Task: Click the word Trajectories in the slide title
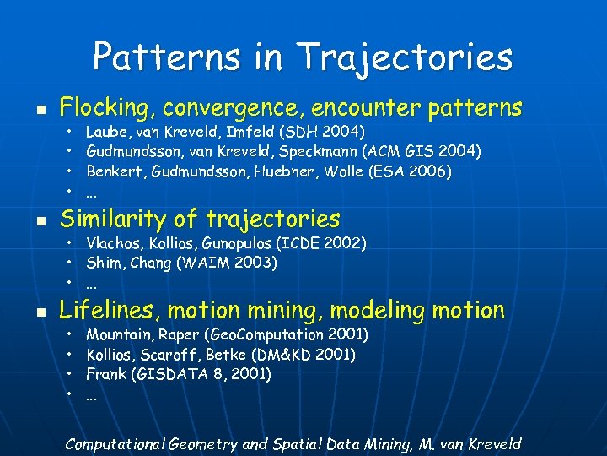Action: [x=406, y=57]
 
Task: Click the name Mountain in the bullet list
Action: [x=116, y=334]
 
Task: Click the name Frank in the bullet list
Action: [x=105, y=374]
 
